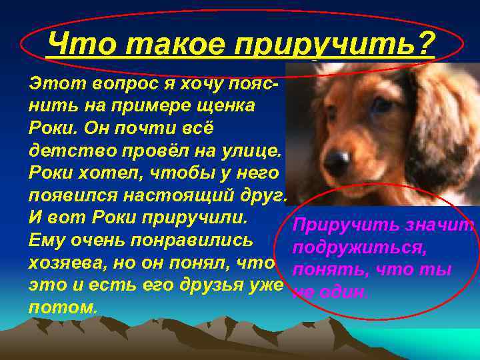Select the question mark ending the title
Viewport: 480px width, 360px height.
424,45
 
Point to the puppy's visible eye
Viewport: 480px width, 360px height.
381,105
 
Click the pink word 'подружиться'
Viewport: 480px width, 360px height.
354,249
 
